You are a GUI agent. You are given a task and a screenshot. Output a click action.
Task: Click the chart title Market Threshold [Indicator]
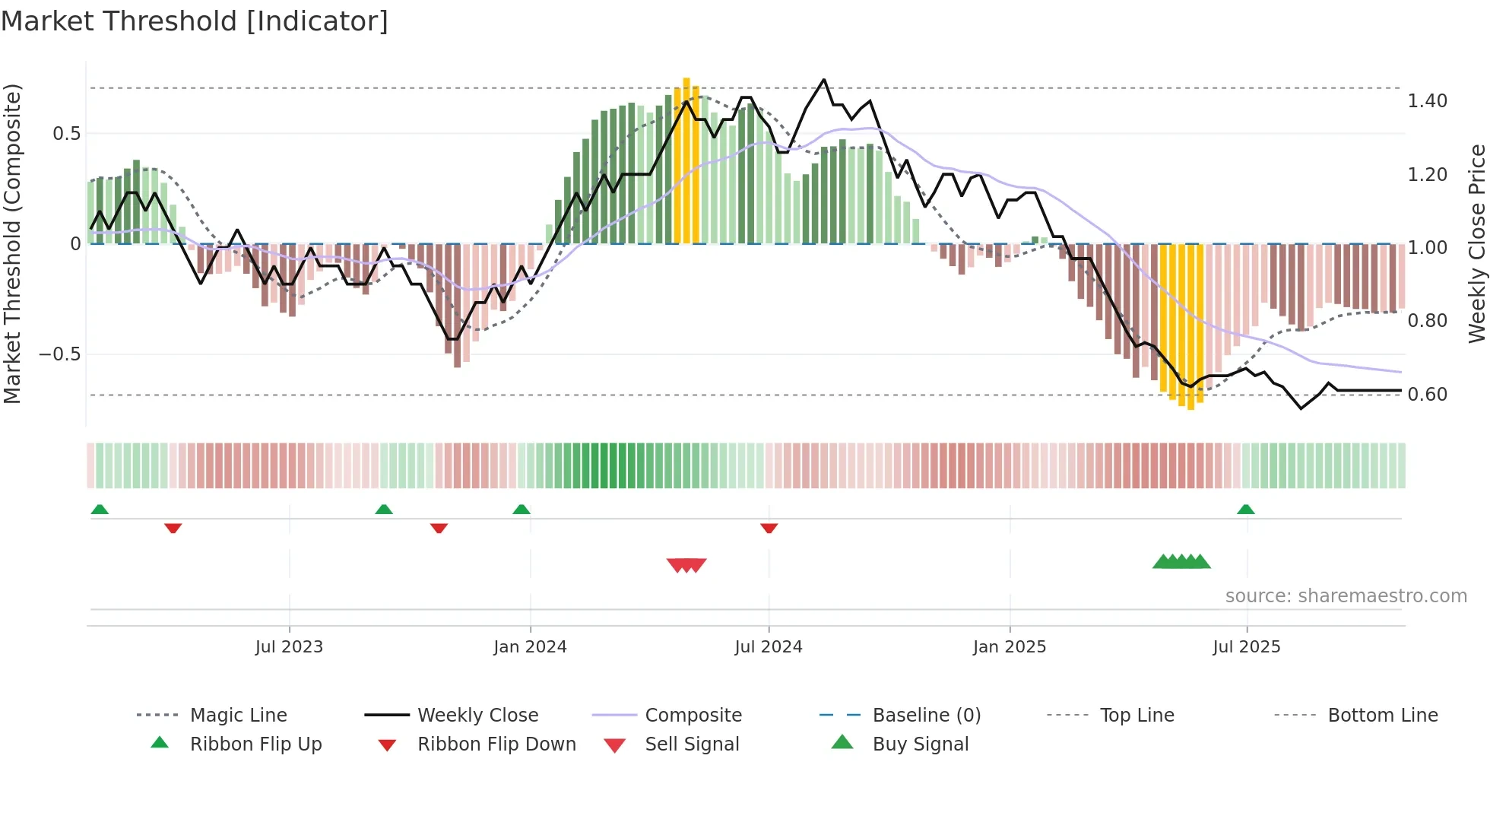195,21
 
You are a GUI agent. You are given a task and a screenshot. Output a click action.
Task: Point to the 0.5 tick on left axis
66,134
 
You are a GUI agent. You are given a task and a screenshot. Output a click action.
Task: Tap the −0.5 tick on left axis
59,354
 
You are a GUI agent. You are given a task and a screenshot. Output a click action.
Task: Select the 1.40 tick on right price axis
1427,101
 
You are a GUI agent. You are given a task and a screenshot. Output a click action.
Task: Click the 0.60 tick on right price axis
1427,395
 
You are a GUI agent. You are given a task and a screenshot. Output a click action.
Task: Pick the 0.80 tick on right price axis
1427,321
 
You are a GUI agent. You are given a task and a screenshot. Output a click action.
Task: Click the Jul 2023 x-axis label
289,647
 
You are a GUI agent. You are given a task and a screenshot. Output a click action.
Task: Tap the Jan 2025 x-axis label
1009,647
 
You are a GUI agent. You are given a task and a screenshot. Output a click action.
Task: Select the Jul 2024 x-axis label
768,647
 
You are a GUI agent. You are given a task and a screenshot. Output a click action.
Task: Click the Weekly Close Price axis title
1476,243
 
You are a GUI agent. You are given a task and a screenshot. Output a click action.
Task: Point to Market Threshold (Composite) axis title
12,243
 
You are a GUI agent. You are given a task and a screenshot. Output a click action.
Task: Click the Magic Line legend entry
238,716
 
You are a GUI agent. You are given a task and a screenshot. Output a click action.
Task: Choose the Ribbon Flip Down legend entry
496,744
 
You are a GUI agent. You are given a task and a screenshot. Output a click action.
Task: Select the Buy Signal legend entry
920,744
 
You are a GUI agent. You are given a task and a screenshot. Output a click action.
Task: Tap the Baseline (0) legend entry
926,716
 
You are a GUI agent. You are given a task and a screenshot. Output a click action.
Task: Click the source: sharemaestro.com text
1346,596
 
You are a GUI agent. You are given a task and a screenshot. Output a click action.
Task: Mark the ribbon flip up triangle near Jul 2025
1245,509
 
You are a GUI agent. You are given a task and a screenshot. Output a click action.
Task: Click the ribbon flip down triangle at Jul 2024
769,528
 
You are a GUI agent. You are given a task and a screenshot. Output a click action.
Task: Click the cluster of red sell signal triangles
686,565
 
